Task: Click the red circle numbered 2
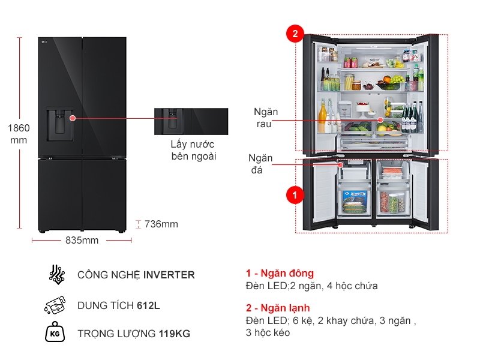point(295,34)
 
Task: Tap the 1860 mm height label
point(19,134)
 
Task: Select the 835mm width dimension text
point(82,241)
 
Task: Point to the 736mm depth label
point(161,224)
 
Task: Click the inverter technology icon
point(56,274)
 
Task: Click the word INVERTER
point(169,275)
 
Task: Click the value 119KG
point(175,334)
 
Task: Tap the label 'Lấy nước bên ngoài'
point(193,151)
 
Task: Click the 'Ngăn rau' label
point(265,118)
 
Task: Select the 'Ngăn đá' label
point(261,164)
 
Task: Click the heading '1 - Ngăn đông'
point(280,274)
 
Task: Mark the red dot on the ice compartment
point(340,164)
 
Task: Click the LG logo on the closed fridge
point(43,41)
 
